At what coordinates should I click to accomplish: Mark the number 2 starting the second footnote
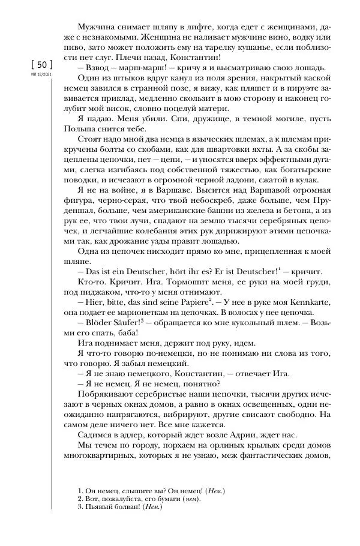coord(81,499)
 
